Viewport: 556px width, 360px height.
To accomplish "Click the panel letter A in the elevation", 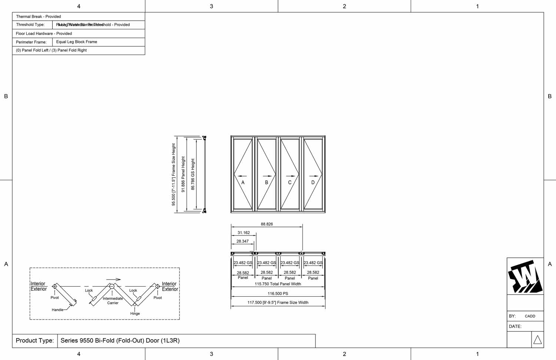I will click(x=243, y=182).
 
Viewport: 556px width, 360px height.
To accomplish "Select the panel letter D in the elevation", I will click(x=313, y=182).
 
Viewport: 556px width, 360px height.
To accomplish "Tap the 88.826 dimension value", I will click(x=267, y=224).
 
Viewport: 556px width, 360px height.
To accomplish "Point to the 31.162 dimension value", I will click(x=244, y=233).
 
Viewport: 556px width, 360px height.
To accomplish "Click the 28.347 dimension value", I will click(x=242, y=241).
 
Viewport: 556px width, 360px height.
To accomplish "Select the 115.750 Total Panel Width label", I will click(x=278, y=284).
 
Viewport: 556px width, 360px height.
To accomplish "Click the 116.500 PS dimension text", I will click(x=278, y=294).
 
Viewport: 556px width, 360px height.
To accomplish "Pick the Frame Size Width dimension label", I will click(x=278, y=303).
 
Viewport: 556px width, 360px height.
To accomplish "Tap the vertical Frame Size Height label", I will click(x=173, y=174).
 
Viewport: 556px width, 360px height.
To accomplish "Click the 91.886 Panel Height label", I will click(x=183, y=174).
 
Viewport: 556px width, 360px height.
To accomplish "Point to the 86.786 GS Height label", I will click(x=193, y=174).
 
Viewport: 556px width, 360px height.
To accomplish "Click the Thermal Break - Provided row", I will click(x=39, y=17).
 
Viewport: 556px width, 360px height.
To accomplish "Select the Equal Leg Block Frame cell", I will click(x=77, y=42).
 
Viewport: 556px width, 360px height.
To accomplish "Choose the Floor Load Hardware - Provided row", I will click(x=44, y=33).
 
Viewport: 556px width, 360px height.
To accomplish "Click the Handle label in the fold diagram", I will click(x=57, y=310).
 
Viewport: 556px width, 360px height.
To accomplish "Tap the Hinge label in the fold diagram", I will click(x=135, y=314).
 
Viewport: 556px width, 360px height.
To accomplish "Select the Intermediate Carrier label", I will click(x=113, y=301).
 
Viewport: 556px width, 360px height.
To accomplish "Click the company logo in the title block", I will click(x=525, y=277).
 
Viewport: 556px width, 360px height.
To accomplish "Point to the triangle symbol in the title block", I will click(x=537, y=340).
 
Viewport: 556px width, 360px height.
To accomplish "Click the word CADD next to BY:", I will click(x=530, y=316).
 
